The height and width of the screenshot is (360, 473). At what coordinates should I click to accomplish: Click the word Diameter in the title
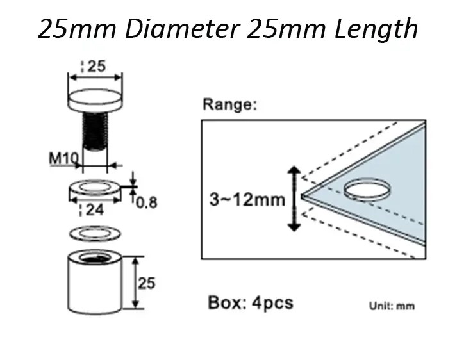point(183,29)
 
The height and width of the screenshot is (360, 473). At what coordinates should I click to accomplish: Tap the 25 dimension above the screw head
point(97,66)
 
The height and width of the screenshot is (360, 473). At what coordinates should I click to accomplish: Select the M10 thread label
point(63,158)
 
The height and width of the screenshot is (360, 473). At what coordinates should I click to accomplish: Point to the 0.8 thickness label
point(147,202)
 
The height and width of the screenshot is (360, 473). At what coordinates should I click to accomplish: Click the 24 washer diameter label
point(95,210)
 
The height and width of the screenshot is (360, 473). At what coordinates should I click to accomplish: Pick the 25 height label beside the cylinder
point(147,283)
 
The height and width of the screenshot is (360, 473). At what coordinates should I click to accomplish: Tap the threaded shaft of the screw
point(95,131)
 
